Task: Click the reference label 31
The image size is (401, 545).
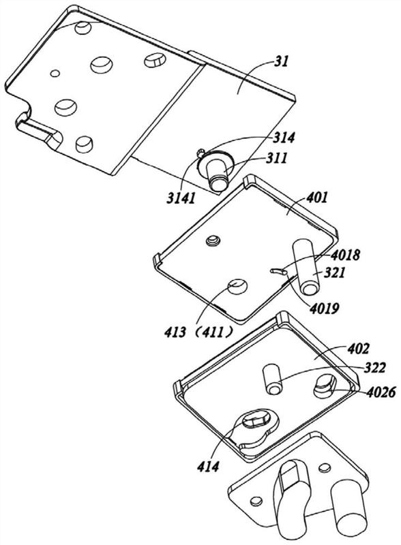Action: [282, 62]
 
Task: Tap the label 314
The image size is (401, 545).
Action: [284, 138]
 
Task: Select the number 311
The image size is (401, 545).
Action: [277, 159]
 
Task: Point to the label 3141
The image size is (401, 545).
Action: [181, 198]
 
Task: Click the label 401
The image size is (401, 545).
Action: [316, 198]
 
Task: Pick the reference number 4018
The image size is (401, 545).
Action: [345, 255]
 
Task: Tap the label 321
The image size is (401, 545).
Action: [335, 272]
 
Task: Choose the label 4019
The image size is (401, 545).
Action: [325, 308]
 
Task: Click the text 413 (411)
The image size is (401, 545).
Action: [199, 333]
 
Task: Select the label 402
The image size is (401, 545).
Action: [358, 349]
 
